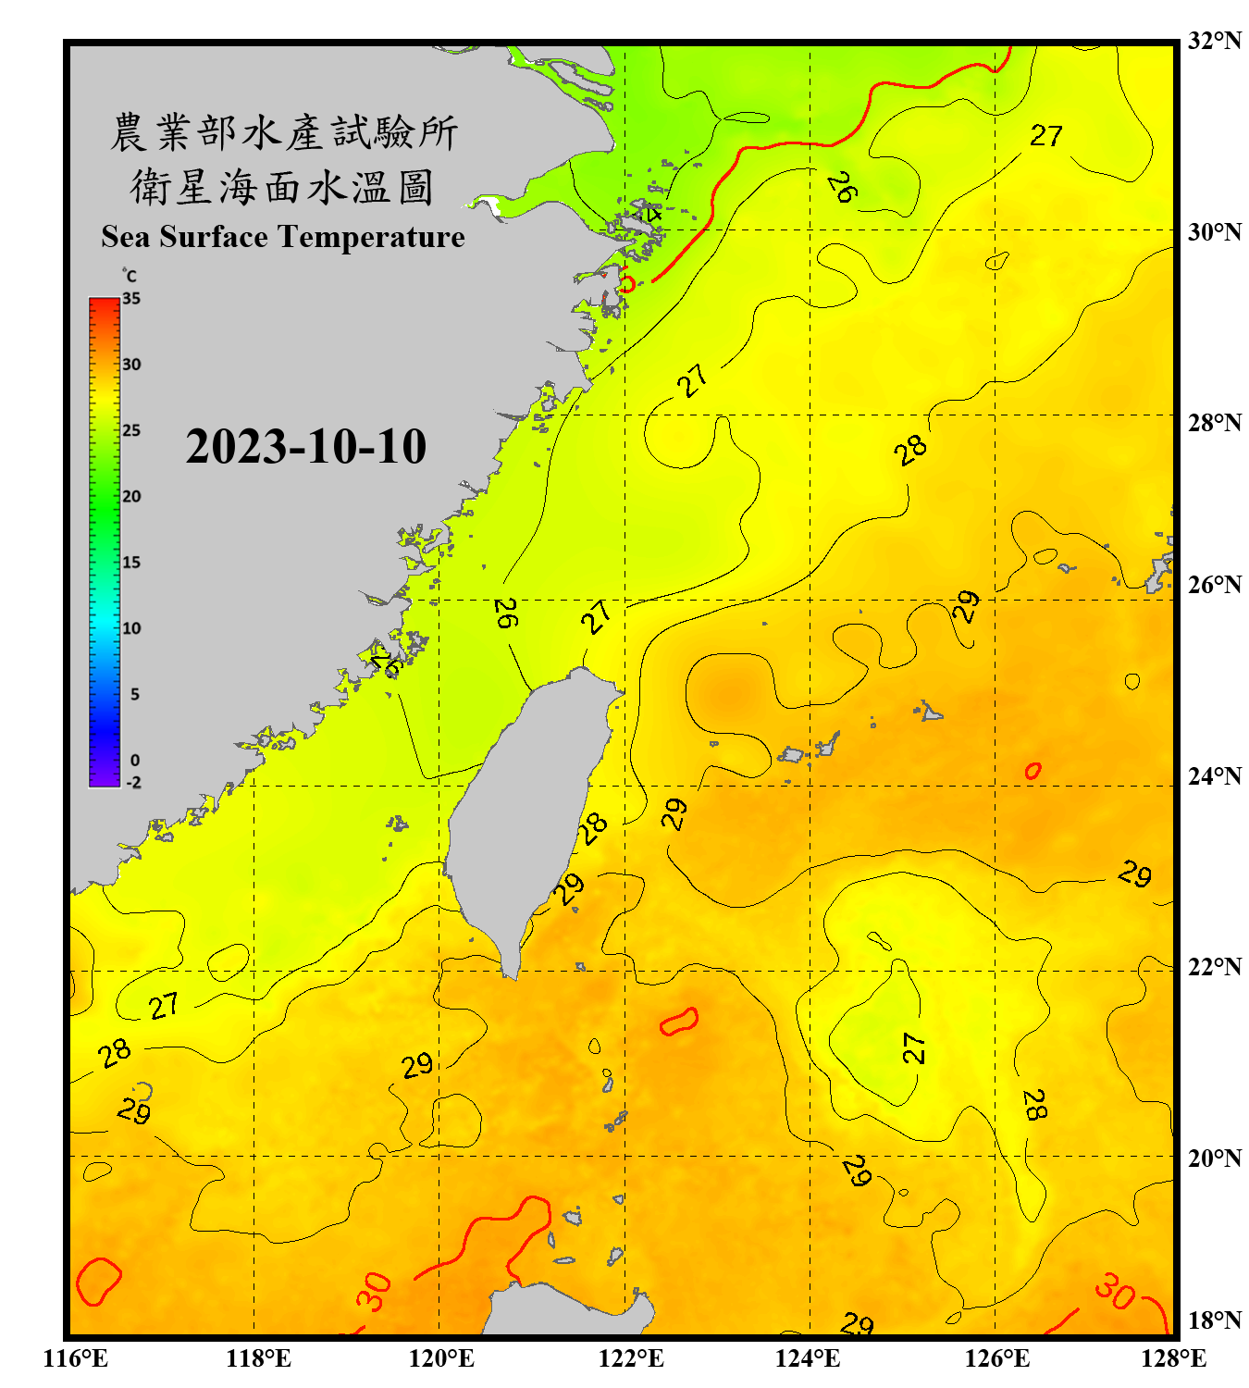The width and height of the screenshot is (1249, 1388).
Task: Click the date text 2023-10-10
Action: [305, 447]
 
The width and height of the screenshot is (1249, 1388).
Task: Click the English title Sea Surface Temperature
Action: [282, 237]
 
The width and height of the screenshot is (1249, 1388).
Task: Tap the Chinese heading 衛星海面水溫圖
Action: [282, 187]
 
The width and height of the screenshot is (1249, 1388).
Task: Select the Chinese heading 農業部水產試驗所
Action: [284, 132]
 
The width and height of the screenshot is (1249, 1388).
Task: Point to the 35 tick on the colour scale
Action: [131, 299]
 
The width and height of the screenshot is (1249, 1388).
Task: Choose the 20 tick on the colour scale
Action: [131, 496]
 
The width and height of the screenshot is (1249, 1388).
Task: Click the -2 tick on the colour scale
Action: [133, 782]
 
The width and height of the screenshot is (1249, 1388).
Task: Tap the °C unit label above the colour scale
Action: [130, 276]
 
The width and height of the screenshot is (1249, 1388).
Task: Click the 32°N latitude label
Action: [1214, 41]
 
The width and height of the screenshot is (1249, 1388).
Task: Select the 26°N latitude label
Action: [1214, 585]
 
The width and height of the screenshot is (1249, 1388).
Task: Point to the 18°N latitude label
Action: [1214, 1320]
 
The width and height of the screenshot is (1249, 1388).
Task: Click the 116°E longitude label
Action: [76, 1358]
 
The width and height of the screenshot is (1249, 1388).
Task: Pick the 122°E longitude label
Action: [631, 1358]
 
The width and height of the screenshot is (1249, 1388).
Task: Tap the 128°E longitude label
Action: [1173, 1358]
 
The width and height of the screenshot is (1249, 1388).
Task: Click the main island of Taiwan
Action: [527, 805]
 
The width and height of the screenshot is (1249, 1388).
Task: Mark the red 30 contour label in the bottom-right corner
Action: [1114, 1291]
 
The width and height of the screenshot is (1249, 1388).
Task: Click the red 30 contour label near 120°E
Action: [375, 1292]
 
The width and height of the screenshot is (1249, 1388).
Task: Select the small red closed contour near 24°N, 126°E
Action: [1033, 770]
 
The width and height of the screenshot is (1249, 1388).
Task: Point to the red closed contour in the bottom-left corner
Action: [97, 1281]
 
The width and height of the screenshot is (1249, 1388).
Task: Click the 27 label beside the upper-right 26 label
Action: [1046, 136]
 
